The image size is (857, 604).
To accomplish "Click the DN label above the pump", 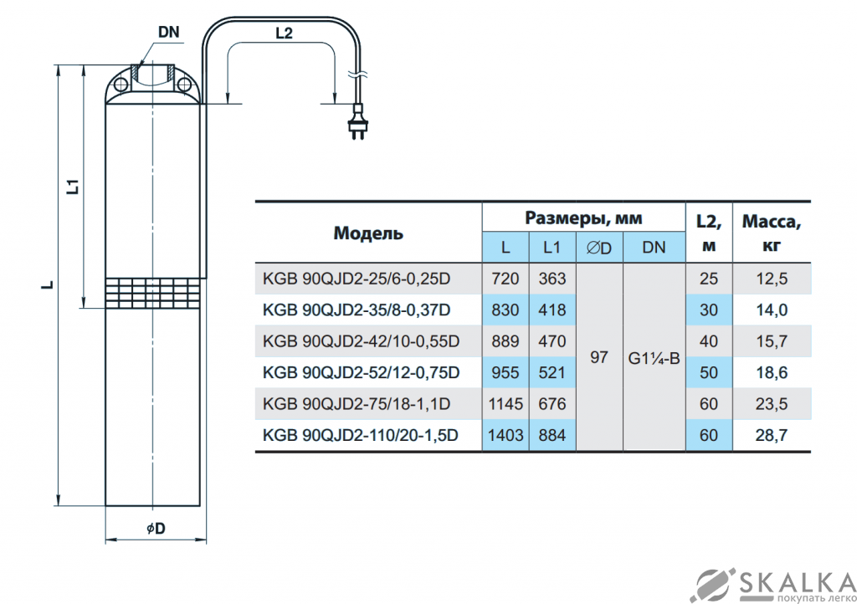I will pos(169,32).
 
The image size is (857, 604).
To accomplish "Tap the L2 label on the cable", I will pos(284,33).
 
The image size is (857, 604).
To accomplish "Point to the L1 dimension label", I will pos(73,186).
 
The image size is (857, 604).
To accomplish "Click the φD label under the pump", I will pos(156,529).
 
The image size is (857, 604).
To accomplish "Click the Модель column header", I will pos(368,233).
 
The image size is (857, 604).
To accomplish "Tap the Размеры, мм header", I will pos(583,218).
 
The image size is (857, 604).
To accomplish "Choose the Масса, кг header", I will pos(772,233).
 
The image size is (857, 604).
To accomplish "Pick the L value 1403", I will pos(505,435).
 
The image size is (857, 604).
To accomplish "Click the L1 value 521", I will pos(552,372).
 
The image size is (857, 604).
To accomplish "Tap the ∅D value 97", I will pos(599,357).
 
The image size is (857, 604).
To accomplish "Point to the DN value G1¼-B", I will pos(654,357).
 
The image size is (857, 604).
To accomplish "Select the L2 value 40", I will pos(709,341).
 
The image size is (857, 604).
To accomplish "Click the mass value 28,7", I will pos(772,435).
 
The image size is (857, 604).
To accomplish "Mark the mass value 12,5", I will pos(772,279).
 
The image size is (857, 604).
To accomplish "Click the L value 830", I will pos(505,310).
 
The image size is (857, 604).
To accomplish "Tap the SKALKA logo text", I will pos(789,579).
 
